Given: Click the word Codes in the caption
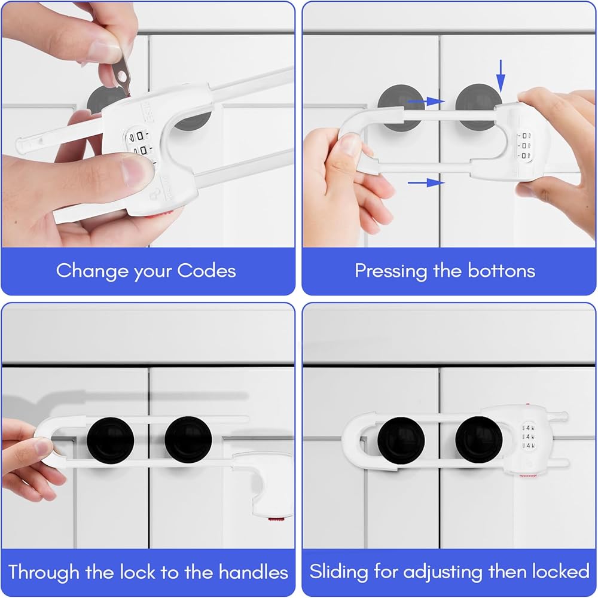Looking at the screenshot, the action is tap(206, 270).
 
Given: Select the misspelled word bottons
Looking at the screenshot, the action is tap(502, 270).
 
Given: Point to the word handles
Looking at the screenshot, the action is tap(253, 572).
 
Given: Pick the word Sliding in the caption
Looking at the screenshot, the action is tap(338, 572).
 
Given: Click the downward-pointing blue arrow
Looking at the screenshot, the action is tap(501, 76).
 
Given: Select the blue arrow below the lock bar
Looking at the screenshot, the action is tap(426, 182).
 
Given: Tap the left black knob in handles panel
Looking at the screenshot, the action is tap(110, 441).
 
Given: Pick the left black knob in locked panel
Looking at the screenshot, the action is tap(401, 441).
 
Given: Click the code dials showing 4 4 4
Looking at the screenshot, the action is tap(528, 437).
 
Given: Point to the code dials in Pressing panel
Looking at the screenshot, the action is tap(525, 146).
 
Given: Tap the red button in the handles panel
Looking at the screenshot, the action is tap(276, 520).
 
